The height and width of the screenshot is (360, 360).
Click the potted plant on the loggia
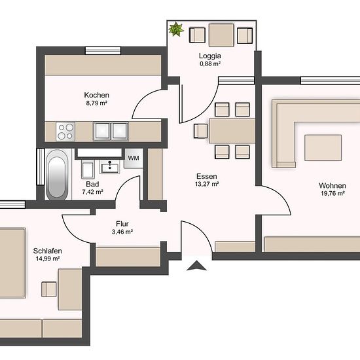pyautogui.click(x=176, y=29)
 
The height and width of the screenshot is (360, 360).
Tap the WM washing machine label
pyautogui.click(x=134, y=158)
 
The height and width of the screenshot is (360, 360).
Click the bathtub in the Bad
pyautogui.click(x=57, y=174)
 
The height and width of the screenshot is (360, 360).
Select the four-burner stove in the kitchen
pyautogui.click(x=65, y=132)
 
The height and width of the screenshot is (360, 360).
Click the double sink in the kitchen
pyautogui.click(x=111, y=132)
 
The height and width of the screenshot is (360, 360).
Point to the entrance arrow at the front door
pyautogui.click(x=196, y=265)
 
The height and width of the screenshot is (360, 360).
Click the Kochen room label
pyautogui.click(x=96, y=95)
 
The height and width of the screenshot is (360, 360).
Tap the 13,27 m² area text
pyautogui.click(x=207, y=184)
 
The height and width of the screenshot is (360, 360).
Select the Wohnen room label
pyautogui.click(x=333, y=185)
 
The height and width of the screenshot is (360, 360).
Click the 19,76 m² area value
pyautogui.click(x=333, y=193)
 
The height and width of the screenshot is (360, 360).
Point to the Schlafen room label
pyautogui.click(x=48, y=251)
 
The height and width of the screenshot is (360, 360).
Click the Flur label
pyautogui.click(x=122, y=224)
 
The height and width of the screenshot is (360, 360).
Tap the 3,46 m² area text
pyautogui.click(x=122, y=232)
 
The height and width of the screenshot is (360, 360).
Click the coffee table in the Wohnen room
pyautogui.click(x=323, y=148)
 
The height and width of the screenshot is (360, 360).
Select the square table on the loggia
pyautogui.click(x=221, y=35)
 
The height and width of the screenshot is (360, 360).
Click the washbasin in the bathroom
pyautogui.click(x=110, y=167)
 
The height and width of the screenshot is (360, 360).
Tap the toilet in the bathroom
pyautogui.click(x=88, y=170)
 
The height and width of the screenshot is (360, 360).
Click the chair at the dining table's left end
pyautogui.click(x=201, y=131)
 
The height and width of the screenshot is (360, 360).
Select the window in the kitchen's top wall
pyautogui.click(x=103, y=50)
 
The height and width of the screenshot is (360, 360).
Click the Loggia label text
pyautogui.click(x=210, y=56)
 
